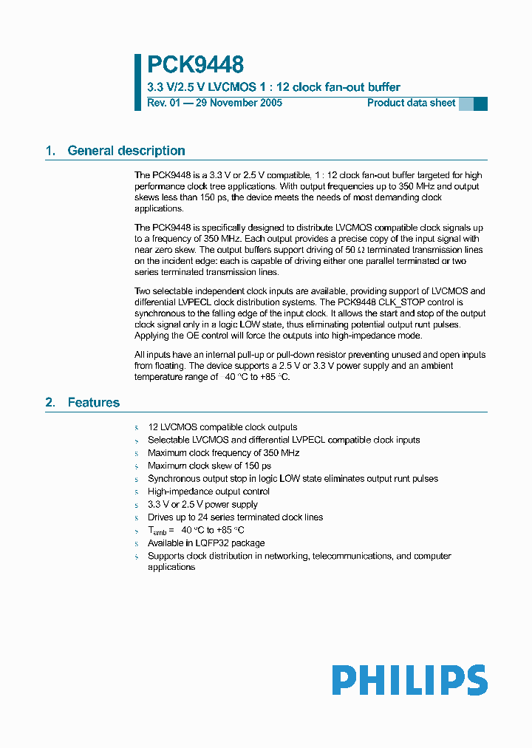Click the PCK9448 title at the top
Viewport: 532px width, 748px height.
[195, 65]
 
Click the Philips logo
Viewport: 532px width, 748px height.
[409, 680]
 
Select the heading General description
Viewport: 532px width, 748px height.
[126, 151]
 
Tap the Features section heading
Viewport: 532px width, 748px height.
[94, 403]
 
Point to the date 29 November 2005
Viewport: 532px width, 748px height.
[239, 103]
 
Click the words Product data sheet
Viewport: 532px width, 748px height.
[411, 103]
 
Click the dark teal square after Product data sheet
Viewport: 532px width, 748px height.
[480, 103]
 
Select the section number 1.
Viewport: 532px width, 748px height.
[50, 151]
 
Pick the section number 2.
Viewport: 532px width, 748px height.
[50, 403]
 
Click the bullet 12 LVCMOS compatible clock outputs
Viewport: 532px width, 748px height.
[222, 427]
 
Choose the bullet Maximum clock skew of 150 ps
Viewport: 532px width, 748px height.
[209, 466]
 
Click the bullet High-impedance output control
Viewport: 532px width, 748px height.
[208, 492]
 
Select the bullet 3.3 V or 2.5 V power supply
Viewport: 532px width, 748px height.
[202, 504]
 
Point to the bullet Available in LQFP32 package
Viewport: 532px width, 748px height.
[205, 543]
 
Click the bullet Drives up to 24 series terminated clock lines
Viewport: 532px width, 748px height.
[235, 517]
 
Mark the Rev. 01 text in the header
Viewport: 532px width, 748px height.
[163, 103]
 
